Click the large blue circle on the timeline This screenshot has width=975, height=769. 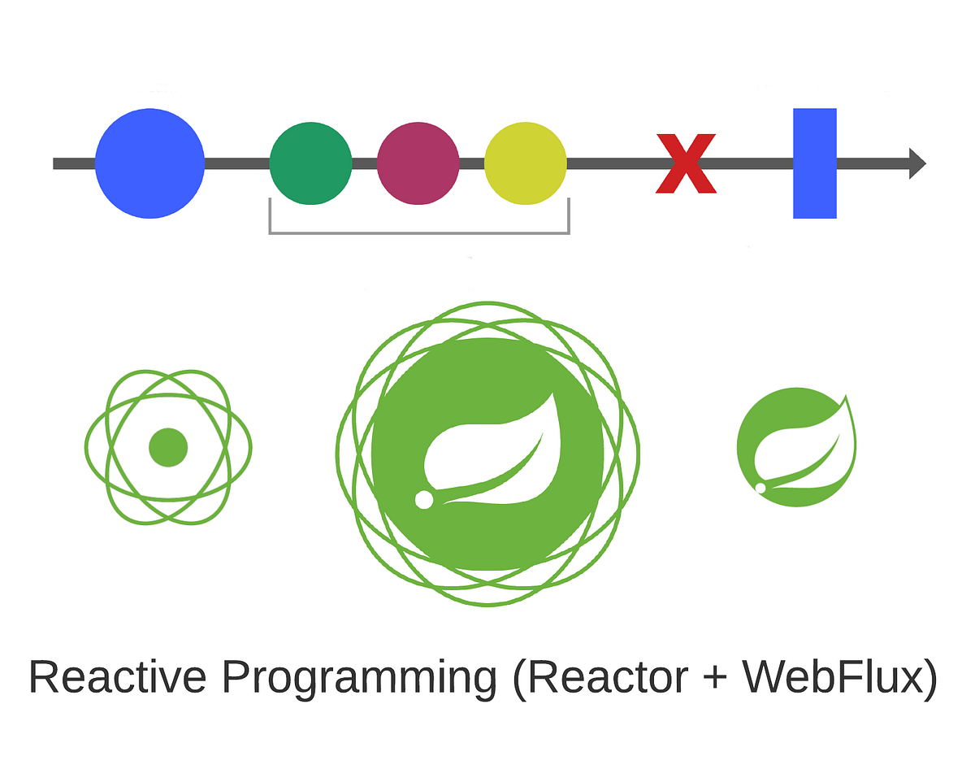point(149,163)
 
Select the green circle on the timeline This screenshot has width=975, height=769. point(310,163)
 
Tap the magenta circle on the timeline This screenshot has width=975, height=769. point(418,163)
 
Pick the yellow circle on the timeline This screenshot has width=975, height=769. point(525,163)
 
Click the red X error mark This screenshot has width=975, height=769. point(686,163)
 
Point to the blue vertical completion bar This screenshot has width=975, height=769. point(814,163)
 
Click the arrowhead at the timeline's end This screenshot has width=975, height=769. point(916,163)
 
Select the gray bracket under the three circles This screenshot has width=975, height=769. point(418,232)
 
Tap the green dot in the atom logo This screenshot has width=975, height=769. point(168,447)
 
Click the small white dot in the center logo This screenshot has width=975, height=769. point(423,500)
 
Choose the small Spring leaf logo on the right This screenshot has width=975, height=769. point(796,448)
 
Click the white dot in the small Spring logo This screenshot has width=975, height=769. point(760,488)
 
